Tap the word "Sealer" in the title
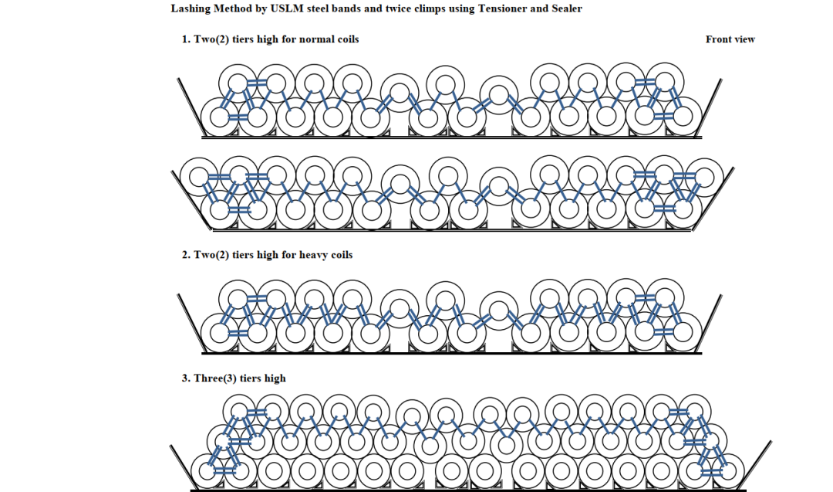[566, 8]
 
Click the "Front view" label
[730, 39]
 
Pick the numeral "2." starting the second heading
[186, 255]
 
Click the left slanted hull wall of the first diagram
[191, 107]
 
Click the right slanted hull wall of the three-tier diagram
[755, 466]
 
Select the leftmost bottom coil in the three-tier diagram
[207, 471]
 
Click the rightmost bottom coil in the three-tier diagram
[727, 471]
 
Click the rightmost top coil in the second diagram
[704, 178]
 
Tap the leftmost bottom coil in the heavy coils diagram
[220, 332]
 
